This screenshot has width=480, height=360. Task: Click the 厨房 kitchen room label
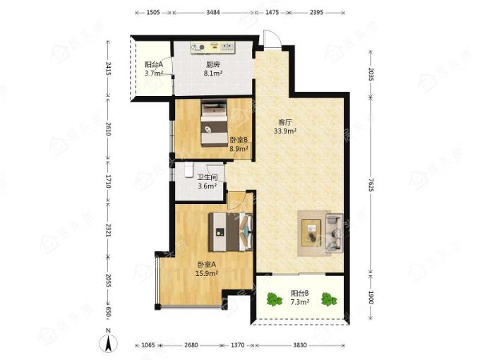pos(213,65)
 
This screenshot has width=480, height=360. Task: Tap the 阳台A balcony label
pos(154,65)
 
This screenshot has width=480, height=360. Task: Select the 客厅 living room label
pos(285,122)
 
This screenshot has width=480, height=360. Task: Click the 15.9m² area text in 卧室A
pos(207,273)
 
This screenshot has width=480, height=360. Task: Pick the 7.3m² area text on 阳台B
pos(300,302)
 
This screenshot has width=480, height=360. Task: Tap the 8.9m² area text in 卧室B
pos(239,149)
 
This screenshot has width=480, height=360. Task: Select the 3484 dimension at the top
pos(212,13)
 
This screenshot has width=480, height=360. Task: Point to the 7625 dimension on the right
pos(371,185)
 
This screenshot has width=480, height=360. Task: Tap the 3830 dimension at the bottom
pos(300,345)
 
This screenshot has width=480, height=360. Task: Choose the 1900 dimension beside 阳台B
pos(371,297)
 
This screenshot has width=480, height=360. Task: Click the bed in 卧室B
pos(214,124)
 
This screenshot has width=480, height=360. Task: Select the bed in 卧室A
pos(231,232)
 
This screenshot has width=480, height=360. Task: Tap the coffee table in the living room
pos(311,233)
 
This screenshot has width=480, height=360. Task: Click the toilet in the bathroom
pos(188,170)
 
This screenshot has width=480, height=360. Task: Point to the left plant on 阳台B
pos(274,299)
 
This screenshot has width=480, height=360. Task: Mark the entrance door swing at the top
pos(272,39)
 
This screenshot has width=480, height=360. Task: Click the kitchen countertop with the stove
pos(212,47)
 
